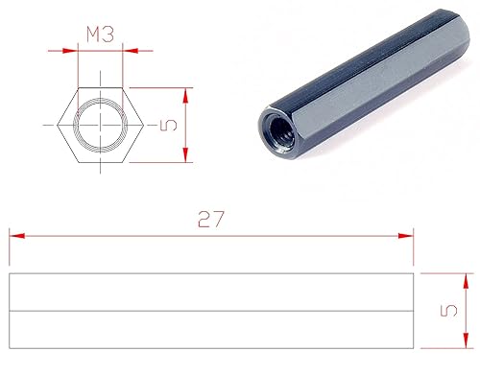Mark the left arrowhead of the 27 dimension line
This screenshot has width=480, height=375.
tap(13, 234)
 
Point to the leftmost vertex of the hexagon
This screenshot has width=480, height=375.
tap(59, 125)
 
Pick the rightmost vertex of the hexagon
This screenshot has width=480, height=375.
tap(141, 125)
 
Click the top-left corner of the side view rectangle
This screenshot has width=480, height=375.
tap(9, 274)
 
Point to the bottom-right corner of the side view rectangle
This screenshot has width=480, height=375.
tap(412, 347)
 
